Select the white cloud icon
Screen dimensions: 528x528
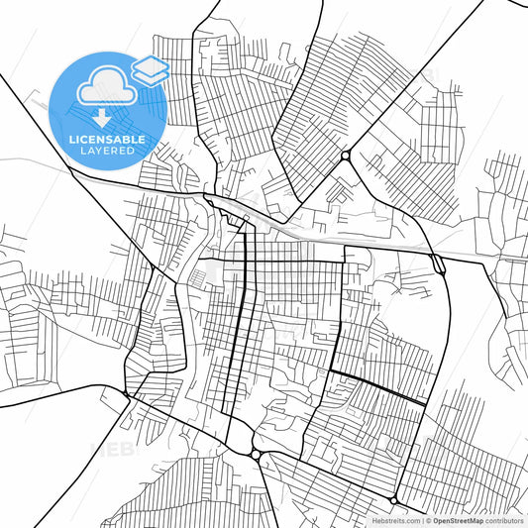tap(106, 86)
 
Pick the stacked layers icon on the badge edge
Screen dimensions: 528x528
tap(151, 69)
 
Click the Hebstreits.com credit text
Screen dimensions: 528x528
tap(393, 519)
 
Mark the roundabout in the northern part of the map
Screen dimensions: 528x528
tap(345, 157)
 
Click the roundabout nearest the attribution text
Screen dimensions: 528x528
tap(395, 498)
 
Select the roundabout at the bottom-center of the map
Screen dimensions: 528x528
tap(257, 455)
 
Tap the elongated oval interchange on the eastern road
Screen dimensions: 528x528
tap(437, 263)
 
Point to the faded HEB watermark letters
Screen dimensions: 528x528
tap(111, 449)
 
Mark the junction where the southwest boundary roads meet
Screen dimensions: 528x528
tap(127, 394)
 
